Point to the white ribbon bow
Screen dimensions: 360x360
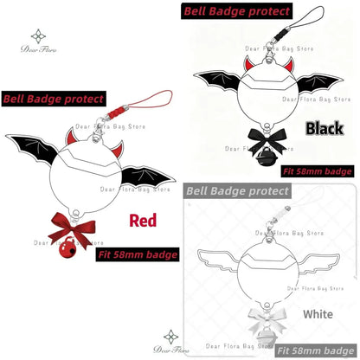267,318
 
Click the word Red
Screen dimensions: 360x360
143,221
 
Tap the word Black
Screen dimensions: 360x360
325,128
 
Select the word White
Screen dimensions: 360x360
318,314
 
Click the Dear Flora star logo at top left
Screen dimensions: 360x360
38,36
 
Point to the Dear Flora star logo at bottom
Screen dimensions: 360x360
170,337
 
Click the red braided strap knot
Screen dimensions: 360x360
116,112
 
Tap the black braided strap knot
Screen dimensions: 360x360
281,35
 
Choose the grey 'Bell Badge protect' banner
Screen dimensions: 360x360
237,191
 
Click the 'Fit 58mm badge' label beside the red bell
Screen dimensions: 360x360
138,254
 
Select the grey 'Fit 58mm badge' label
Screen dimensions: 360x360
316,351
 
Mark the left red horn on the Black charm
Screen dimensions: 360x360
249,63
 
